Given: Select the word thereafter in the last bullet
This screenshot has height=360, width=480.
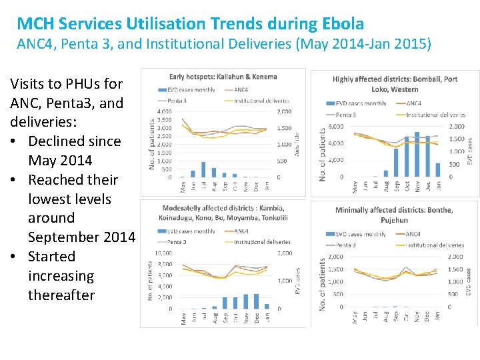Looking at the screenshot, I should coord(61,295).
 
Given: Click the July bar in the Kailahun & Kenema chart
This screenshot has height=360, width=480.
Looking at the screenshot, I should coord(193,173).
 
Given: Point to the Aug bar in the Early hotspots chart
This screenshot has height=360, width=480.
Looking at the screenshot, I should coord(204,170).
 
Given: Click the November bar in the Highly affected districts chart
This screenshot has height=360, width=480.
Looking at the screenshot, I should coord(417,154).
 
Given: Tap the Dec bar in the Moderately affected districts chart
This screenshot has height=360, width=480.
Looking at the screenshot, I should coord(257,301).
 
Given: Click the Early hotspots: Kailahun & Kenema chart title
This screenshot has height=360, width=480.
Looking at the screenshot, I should coord(223,77).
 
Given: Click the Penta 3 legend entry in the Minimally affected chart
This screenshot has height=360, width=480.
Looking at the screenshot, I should coord(340,245).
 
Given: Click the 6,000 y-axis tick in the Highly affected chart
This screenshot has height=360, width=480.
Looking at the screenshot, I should coord(335,127).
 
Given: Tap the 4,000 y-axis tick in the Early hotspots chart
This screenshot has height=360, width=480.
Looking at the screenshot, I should coord(164,111).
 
